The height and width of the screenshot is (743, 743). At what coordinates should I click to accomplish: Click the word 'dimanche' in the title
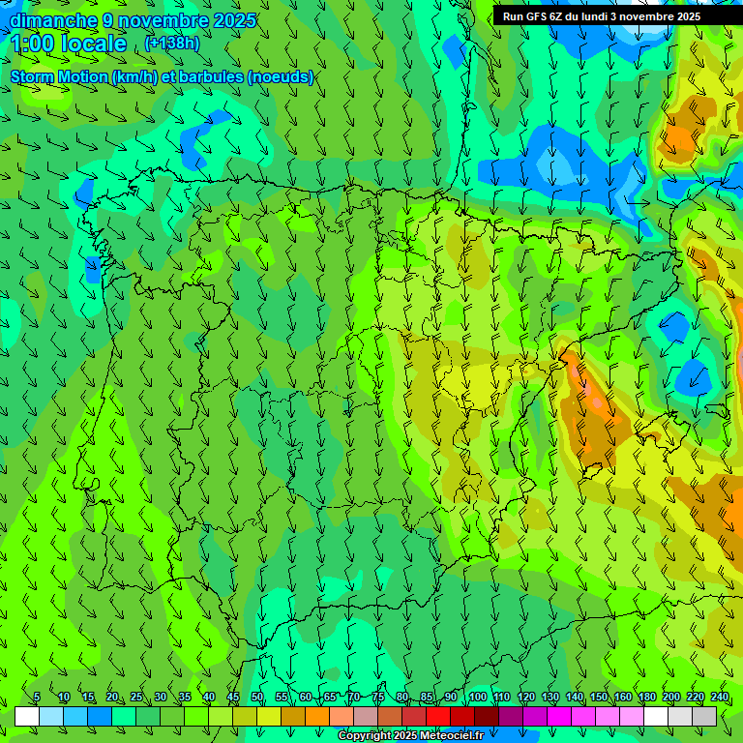(x=53, y=20)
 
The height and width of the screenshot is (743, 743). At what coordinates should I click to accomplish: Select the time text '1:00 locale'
(x=69, y=44)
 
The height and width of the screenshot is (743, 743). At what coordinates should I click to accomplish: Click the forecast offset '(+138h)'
(x=172, y=44)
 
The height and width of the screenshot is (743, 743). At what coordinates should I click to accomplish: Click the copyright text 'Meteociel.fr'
(x=447, y=736)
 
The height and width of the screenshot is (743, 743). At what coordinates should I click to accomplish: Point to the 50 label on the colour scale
(x=257, y=697)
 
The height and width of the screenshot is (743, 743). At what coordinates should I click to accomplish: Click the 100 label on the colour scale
(x=477, y=697)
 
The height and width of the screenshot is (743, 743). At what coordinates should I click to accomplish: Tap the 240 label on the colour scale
(x=720, y=697)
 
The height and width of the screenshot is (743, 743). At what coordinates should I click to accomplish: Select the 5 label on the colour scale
(x=37, y=697)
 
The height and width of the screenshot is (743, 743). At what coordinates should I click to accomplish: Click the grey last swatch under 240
(x=704, y=717)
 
